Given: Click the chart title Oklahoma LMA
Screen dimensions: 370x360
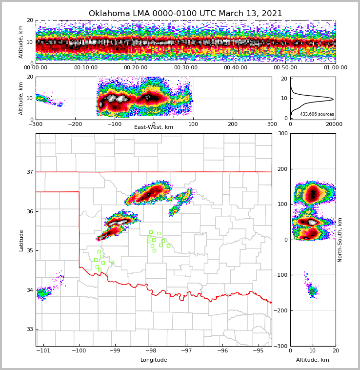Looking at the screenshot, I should pyautogui.click(x=185, y=14).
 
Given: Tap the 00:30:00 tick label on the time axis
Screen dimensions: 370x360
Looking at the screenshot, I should pyautogui.click(x=185, y=68).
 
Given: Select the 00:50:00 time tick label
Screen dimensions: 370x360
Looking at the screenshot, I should pyautogui.click(x=285, y=68).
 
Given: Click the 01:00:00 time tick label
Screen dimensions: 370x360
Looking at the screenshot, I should pyautogui.click(x=335, y=68).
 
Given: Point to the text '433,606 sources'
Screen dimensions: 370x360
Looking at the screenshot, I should pyautogui.click(x=317, y=114).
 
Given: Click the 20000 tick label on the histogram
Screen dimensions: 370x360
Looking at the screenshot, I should pyautogui.click(x=334, y=124).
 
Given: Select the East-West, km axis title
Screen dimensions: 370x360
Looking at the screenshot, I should pyautogui.click(x=154, y=127).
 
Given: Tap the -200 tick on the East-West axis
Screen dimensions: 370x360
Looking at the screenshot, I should pyautogui.click(x=75, y=124).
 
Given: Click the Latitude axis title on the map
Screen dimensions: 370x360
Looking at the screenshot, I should pyautogui.click(x=21, y=240).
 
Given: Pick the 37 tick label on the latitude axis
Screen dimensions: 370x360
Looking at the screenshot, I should pyautogui.click(x=30, y=172).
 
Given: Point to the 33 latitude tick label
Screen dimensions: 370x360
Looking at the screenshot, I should pyautogui.click(x=30, y=329).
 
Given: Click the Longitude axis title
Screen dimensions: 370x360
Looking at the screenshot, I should pyautogui.click(x=154, y=360).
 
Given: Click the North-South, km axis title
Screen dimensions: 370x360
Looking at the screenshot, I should pyautogui.click(x=340, y=240).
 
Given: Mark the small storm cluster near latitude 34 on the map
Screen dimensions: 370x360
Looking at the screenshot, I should pyautogui.click(x=44, y=292).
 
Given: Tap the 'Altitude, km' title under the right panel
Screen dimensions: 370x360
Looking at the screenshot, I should pyautogui.click(x=313, y=360).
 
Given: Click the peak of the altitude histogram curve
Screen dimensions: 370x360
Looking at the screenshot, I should pyautogui.click(x=333, y=99).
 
